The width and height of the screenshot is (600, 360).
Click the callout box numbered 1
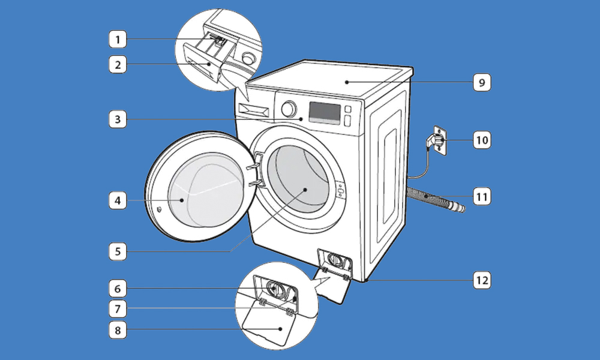118,39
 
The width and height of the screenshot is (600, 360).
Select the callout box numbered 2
118,64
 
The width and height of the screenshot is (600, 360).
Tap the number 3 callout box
118,119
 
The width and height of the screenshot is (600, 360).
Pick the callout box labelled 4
118,200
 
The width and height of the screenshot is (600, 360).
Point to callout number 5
118,251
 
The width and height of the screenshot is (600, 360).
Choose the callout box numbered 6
118,289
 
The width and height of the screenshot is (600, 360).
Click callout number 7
118,309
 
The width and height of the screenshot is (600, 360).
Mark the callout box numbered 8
118,330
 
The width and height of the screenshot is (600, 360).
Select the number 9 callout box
482,82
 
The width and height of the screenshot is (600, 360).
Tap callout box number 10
482,140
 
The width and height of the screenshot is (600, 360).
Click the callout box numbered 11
482,197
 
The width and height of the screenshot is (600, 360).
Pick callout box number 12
482,280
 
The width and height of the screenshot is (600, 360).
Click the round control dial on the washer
289,109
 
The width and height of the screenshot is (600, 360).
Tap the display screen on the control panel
325,112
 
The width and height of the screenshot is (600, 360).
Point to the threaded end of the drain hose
457,207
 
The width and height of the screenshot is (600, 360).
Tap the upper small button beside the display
348,109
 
